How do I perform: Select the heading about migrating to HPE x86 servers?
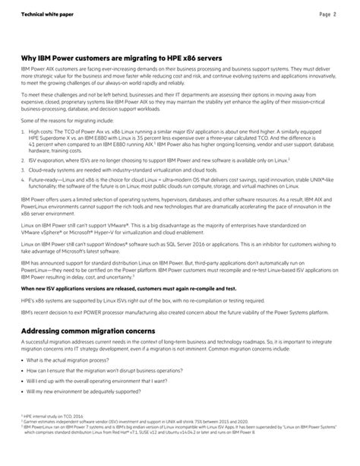coord(122,56)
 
